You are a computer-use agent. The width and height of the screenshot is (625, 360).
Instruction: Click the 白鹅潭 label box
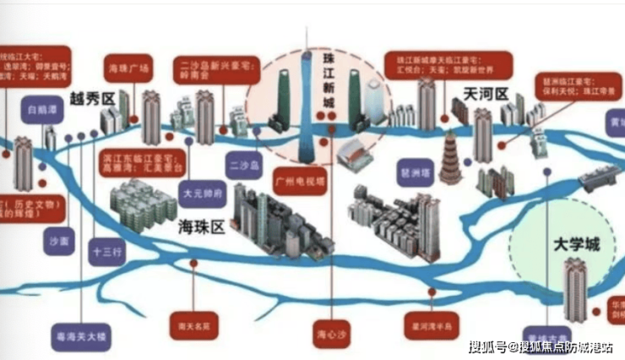coord(40,110)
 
